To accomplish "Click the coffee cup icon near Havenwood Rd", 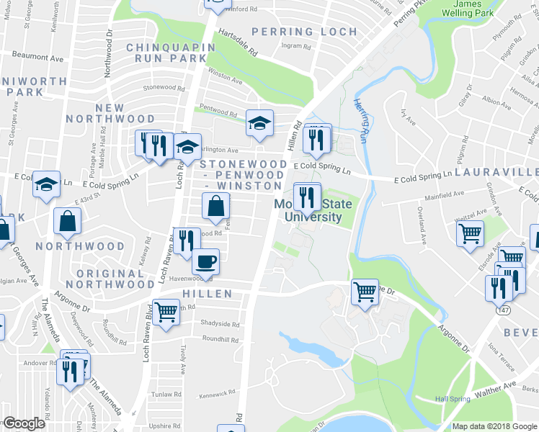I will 205,261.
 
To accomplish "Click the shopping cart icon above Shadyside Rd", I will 166,312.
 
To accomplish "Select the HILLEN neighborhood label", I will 207,294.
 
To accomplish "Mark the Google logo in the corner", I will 24,423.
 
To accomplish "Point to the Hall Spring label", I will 453,399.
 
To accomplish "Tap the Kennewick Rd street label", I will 218,393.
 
